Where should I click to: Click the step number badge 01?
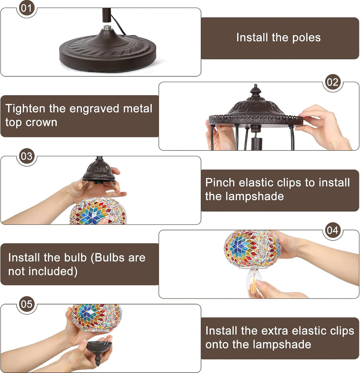tap(27, 8)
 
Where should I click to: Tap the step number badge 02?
tap(333, 82)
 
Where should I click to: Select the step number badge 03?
tap(27, 156)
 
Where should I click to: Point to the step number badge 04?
tap(333, 230)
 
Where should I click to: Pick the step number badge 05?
tap(27, 304)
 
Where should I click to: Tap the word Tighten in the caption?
tap(25, 109)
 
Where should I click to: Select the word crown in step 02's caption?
tap(41, 123)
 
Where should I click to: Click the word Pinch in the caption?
tap(220, 183)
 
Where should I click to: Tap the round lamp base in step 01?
tap(108, 52)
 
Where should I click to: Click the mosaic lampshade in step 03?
tap(98, 211)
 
